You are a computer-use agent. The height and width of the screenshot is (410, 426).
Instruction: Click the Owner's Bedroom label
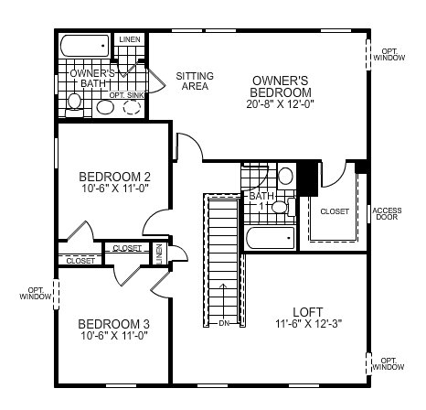pos(281,86)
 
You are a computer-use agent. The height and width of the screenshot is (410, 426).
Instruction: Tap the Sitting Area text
pos(195,81)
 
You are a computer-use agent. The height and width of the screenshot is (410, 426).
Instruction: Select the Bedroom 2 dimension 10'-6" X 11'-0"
pos(114,188)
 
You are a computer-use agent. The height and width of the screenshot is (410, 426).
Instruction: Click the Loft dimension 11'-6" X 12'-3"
pos(309,323)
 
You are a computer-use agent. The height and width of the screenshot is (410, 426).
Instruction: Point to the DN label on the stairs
pos(224,323)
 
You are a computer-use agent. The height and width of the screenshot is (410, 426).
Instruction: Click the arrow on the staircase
pos(224,301)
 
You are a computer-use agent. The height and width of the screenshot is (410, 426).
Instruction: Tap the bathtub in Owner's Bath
pos(85,46)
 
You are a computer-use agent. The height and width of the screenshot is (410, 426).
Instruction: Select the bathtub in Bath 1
pos(271,238)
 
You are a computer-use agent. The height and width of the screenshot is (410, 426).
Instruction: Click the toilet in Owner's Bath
pos(74,104)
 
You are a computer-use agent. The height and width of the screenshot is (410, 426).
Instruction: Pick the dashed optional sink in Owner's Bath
pos(132,107)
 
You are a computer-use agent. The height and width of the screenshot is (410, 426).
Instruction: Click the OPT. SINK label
pos(126,95)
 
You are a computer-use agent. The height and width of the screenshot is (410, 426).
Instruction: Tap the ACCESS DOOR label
pos(387,213)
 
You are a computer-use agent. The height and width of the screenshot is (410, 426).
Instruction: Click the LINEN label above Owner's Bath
pos(130,39)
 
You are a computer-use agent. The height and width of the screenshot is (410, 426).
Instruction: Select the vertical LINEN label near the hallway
pos(159,254)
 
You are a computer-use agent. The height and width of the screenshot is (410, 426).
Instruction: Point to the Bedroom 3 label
pos(113,324)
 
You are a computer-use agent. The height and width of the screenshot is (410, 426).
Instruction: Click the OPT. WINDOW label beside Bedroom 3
pos(36,293)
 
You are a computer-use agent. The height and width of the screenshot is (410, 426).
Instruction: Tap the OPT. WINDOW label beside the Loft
pos(389,363)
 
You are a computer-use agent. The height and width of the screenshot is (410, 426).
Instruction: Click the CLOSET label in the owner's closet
pos(335,211)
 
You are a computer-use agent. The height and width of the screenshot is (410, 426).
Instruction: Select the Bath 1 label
pos(261,200)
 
